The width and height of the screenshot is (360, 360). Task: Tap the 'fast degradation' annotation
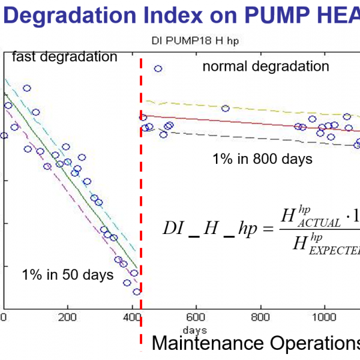tap(64, 57)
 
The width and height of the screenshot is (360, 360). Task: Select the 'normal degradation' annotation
tap(266, 66)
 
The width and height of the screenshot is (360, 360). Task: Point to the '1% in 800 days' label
tap(262, 159)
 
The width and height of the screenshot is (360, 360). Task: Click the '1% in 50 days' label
tap(67, 275)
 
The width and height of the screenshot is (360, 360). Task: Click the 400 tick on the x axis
tap(131, 317)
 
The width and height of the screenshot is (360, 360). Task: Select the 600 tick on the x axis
tap(196, 317)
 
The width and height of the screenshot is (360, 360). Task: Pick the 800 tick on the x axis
tap(260, 317)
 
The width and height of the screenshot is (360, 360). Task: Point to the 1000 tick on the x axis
tap(325, 317)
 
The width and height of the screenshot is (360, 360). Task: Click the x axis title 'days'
tap(195, 330)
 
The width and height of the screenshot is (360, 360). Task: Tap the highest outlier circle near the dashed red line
tap(158, 69)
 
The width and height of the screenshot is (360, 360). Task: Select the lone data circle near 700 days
tap(226, 109)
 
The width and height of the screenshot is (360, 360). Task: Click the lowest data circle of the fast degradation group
tap(137, 292)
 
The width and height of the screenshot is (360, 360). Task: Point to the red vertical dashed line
tap(141, 198)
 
